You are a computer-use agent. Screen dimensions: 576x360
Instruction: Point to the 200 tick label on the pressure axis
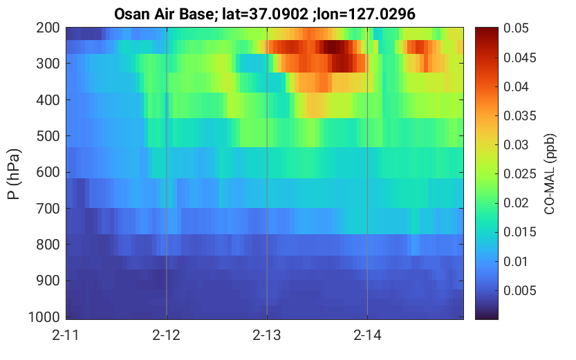pos(48,28)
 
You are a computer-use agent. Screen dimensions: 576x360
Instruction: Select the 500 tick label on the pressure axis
pos(48,136)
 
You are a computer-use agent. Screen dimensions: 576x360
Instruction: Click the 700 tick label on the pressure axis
pos(48,209)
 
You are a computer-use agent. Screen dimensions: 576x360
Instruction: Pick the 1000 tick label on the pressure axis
pos(44,316)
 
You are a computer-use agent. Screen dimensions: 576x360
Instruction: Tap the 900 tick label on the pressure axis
pos(48,281)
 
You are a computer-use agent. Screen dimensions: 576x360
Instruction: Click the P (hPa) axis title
pos(14,174)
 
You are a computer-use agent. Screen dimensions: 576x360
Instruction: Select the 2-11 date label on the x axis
pos(66,335)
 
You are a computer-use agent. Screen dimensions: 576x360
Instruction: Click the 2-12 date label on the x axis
pos(167,335)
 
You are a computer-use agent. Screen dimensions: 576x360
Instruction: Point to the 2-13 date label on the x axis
pos(267,335)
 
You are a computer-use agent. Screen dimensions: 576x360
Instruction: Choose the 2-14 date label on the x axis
pos(367,335)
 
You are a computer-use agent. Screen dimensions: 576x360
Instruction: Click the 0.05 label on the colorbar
pos(516,28)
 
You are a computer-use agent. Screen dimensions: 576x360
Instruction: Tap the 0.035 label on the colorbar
pos(520,115)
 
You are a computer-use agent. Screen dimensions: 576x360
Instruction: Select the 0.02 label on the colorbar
pos(516,203)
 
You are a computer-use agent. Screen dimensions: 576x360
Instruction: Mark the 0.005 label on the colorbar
pos(520,290)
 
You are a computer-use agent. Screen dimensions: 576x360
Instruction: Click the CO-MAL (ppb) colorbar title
pos(549,174)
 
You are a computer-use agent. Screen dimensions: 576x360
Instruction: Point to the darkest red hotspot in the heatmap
pos(333,47)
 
